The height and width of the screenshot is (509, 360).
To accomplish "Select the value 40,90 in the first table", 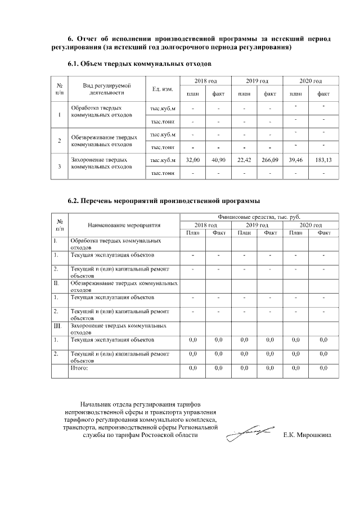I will point(218,160).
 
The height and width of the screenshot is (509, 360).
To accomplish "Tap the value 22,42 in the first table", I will point(244,160).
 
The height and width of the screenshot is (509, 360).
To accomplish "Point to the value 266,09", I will point(270,160).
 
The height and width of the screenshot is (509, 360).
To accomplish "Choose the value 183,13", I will point(323,160).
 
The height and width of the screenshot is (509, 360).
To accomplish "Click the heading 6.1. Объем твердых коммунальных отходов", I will point(139,65).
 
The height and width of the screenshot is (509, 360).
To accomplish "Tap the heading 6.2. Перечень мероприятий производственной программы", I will point(164,200).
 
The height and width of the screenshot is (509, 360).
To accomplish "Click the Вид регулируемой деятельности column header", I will point(107,89).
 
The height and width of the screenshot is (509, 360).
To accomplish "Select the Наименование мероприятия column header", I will point(124,225).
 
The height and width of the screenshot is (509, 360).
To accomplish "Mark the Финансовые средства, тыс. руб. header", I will point(259,217).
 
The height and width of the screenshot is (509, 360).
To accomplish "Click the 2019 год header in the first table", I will point(257,82).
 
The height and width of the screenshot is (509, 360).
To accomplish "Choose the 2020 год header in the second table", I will point(310,225).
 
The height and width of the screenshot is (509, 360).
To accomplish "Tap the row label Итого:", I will point(79,368).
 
